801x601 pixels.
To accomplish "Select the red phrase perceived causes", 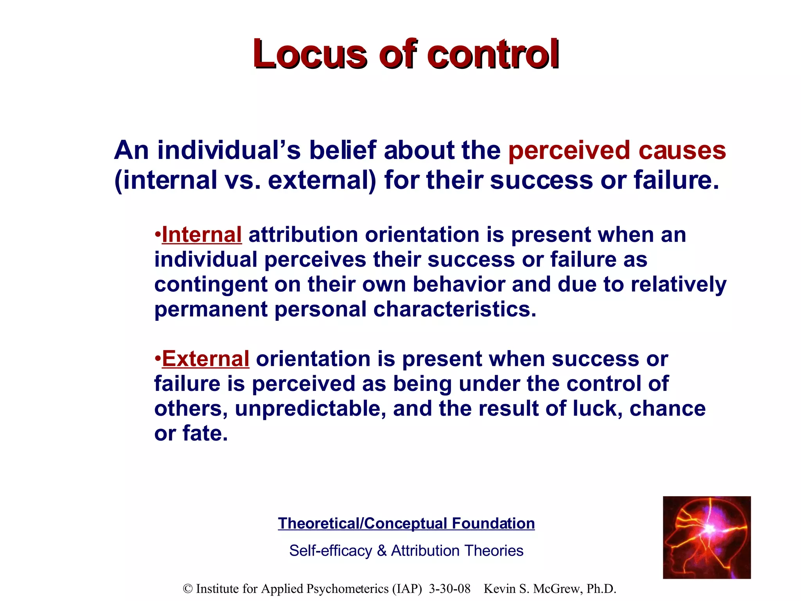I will [x=617, y=150].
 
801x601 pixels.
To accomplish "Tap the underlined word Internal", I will [x=201, y=235].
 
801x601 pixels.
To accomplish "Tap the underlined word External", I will [x=205, y=359].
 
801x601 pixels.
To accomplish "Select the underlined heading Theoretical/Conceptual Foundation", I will [x=406, y=524].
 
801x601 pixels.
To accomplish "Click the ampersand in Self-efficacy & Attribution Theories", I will [x=381, y=551].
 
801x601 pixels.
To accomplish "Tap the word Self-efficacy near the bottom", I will [x=330, y=551].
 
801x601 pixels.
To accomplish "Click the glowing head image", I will [x=706, y=537].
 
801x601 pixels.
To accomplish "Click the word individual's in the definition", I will [x=229, y=150].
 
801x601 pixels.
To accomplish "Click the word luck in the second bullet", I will [x=596, y=408].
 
